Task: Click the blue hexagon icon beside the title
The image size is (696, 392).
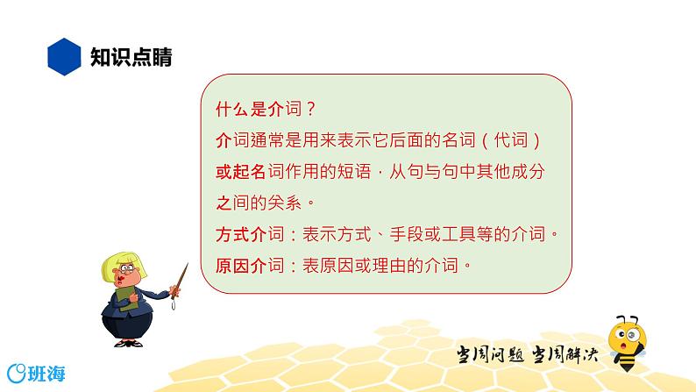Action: coord(61,57)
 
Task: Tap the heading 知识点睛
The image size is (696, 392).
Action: coord(131,57)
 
